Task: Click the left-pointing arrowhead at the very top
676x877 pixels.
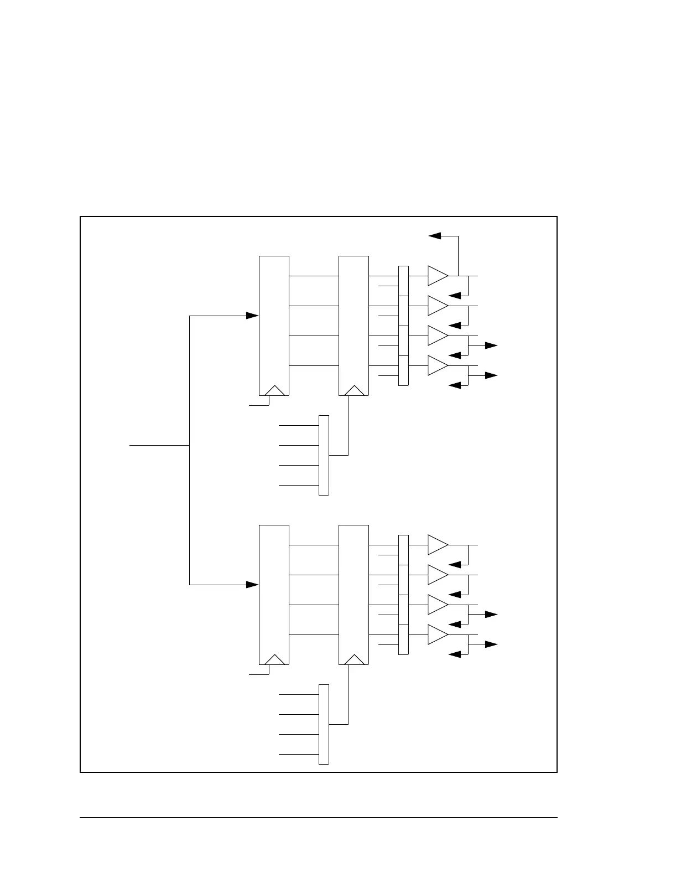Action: (x=435, y=236)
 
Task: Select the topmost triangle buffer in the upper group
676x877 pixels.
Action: (x=437, y=276)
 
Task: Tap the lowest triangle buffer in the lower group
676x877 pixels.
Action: (x=437, y=634)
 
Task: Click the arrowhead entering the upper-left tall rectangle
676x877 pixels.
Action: (x=253, y=316)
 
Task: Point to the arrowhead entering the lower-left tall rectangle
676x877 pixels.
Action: (x=253, y=585)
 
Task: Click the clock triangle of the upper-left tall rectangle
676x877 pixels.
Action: (x=275, y=390)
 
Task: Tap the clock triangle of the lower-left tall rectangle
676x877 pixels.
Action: (x=275, y=659)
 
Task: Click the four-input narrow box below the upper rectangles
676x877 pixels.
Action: (x=324, y=455)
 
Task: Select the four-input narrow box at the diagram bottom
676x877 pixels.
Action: (x=324, y=724)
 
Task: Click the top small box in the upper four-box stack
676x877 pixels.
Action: (x=403, y=281)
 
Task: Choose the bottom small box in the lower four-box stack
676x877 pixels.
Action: (x=403, y=640)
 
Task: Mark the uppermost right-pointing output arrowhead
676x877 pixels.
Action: (x=491, y=345)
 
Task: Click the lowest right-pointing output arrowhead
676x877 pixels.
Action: (x=491, y=644)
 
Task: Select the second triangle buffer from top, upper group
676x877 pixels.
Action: (x=437, y=306)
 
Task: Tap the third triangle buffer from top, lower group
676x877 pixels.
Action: (x=437, y=605)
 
